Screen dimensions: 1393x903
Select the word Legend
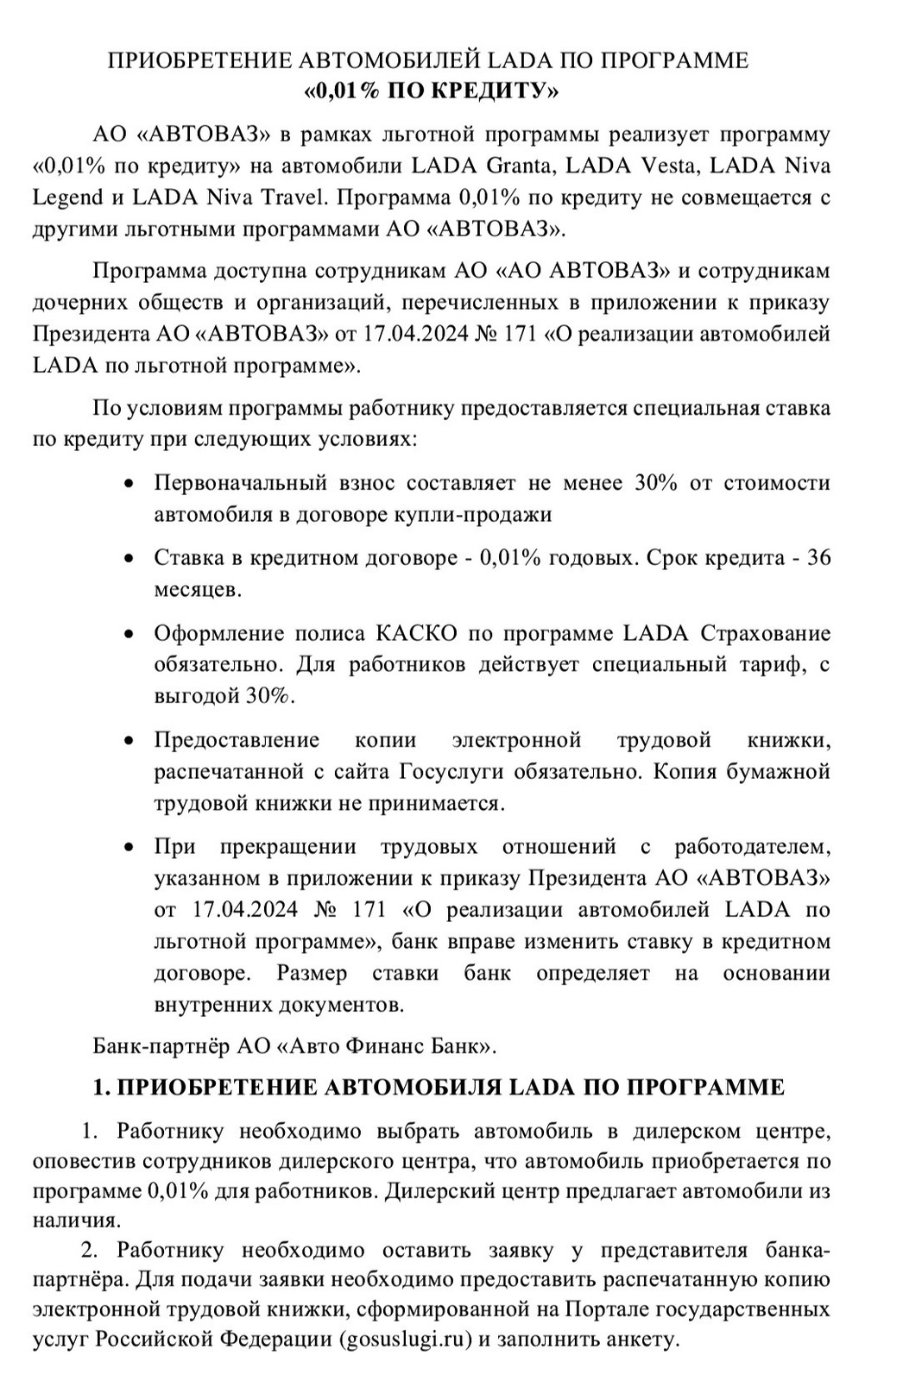click(x=66, y=198)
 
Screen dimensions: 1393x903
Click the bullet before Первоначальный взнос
click(x=129, y=483)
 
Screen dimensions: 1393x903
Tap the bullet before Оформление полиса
click(x=129, y=634)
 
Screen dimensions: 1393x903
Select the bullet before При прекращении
click(x=129, y=847)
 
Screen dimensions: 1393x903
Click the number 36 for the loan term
click(x=817, y=558)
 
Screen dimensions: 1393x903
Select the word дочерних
click(x=79, y=303)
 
